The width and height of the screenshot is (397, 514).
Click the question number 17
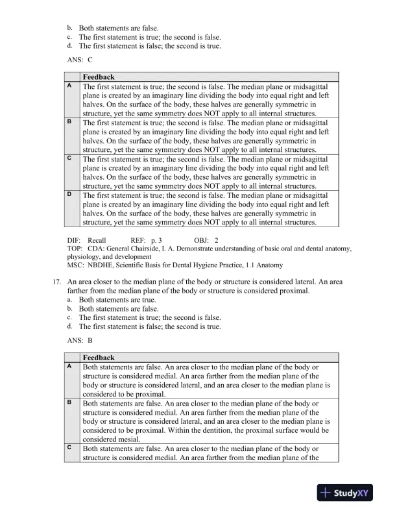point(55,282)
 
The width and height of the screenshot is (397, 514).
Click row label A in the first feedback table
point(69,86)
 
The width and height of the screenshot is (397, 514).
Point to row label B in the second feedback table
point(69,402)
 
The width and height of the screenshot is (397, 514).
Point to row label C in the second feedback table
point(69,448)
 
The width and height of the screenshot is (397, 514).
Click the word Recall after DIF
point(97,240)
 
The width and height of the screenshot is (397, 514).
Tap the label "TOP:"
point(75,248)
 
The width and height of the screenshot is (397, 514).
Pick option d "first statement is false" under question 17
point(150,326)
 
